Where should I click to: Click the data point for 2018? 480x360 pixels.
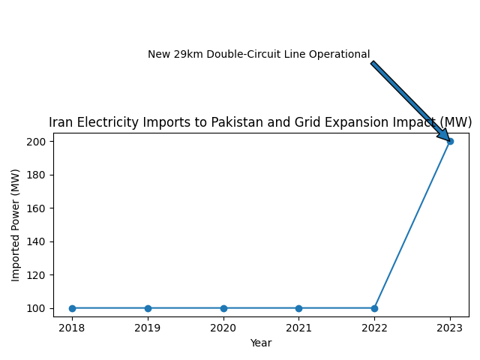(x=72, y=308)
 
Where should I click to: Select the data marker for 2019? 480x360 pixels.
(x=148, y=308)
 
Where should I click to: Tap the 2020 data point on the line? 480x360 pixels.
(x=223, y=308)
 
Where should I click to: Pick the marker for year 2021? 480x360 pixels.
(x=298, y=308)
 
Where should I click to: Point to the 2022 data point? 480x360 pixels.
(x=374, y=308)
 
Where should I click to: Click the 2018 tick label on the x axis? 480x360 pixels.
(x=72, y=327)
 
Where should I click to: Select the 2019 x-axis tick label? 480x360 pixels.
(x=148, y=327)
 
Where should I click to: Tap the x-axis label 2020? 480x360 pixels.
(x=223, y=327)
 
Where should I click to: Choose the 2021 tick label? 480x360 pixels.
(x=298, y=327)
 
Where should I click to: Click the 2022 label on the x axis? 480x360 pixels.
(x=374, y=327)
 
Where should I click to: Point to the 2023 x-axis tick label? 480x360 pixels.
(x=450, y=327)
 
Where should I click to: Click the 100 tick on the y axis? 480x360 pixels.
(x=38, y=308)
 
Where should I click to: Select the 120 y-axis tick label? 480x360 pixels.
(x=38, y=275)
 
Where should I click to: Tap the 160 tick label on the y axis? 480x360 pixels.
(x=38, y=208)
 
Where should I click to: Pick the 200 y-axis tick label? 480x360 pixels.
(x=38, y=142)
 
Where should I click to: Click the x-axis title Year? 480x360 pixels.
(x=261, y=343)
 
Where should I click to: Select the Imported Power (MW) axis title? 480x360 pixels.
(x=16, y=225)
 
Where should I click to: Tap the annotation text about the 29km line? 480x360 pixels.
(x=259, y=55)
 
